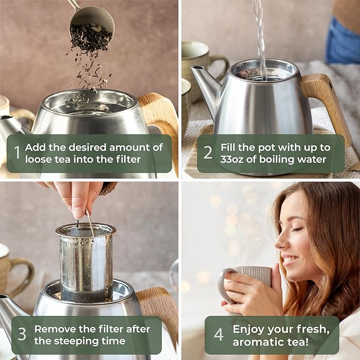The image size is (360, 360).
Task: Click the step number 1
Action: point(16,153)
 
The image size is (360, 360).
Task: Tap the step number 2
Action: point(208,153)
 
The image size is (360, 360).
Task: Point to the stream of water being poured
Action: point(260,37)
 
